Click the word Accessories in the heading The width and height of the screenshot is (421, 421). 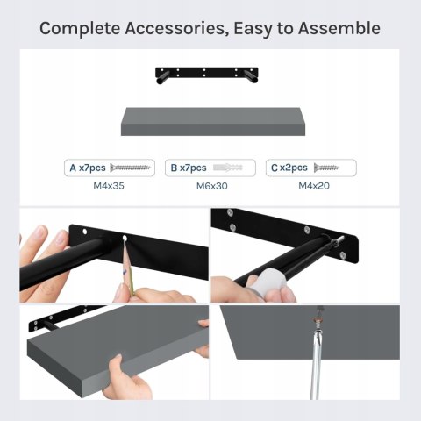tap(177, 29)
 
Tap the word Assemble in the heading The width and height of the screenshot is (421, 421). tap(339, 28)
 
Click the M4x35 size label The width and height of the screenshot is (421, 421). tap(109, 186)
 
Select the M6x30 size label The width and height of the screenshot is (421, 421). tap(212, 186)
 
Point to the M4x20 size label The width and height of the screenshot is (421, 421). tap(314, 186)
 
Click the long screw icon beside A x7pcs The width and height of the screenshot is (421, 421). tap(130, 168)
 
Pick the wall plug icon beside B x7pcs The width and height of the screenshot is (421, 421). tap(228, 168)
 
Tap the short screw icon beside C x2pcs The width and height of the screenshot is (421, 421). tap(326, 168)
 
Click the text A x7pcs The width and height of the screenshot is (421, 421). tap(88, 168)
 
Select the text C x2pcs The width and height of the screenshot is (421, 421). tap(289, 168)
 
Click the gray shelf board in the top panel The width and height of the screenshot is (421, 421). tap(213, 121)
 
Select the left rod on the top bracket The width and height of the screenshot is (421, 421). tap(162, 77)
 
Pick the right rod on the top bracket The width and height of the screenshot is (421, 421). tap(251, 77)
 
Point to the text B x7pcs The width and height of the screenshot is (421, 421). tap(189, 168)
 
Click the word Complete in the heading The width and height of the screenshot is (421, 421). tap(80, 29)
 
